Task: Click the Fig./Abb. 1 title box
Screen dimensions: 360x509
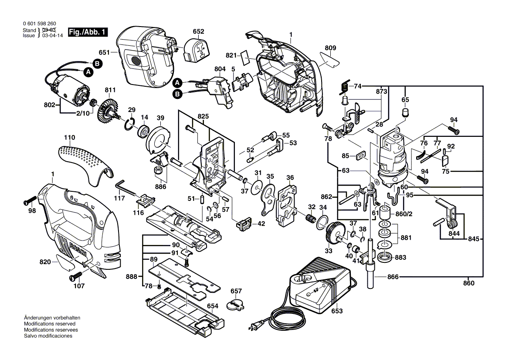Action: [88, 33]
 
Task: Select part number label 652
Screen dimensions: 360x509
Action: [198, 31]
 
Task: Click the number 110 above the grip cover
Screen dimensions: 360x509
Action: [70, 137]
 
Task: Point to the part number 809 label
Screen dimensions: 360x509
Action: [331, 48]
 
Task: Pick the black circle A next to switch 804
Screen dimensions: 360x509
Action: [177, 82]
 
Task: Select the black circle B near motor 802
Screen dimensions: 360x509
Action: [98, 64]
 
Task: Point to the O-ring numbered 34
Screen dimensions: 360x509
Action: [321, 223]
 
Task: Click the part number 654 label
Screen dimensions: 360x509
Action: [212, 306]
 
